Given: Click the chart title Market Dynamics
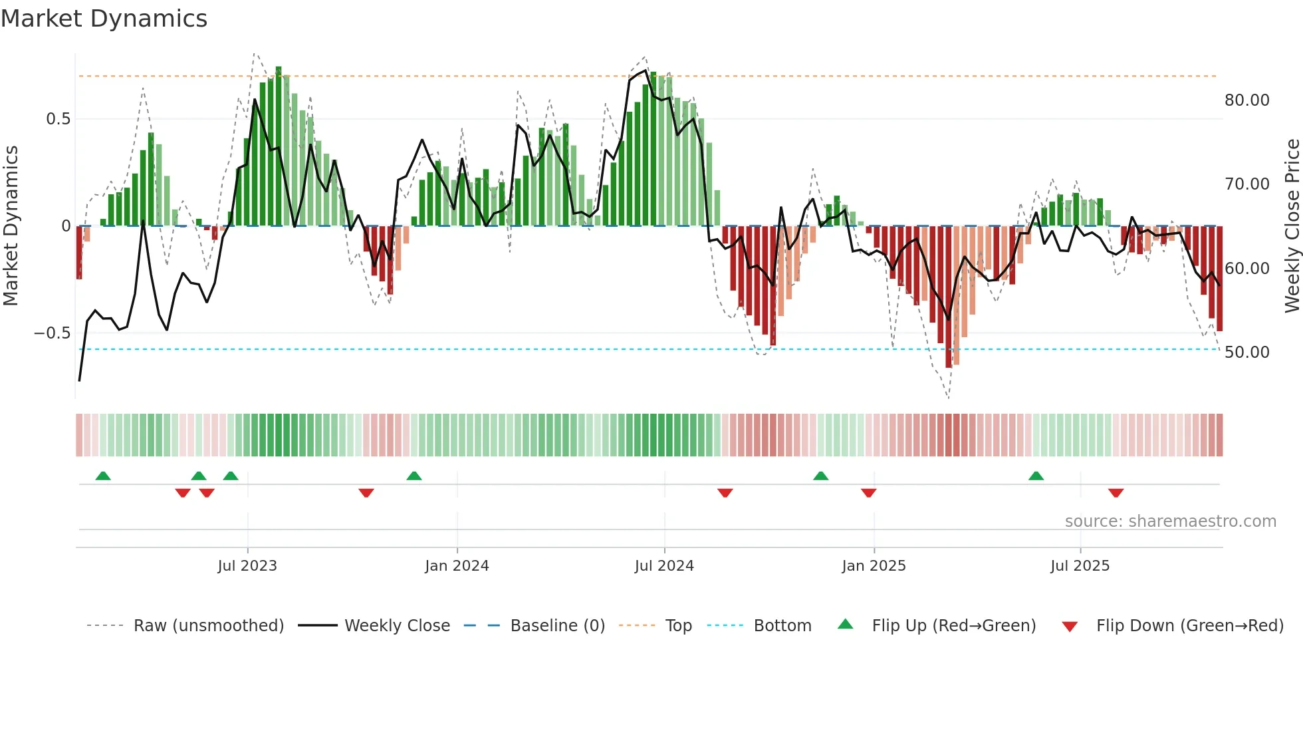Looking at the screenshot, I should tap(104, 19).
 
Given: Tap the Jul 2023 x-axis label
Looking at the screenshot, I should tap(247, 566).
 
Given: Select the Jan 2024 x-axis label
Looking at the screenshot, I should tap(457, 566).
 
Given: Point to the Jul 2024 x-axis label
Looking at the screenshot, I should tap(664, 566).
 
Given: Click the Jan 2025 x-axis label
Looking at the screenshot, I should tap(874, 566).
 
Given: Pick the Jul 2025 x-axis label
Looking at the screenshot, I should tap(1080, 566).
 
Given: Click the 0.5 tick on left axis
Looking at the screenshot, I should tap(58, 119).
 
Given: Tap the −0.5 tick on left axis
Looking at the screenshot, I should tap(53, 333).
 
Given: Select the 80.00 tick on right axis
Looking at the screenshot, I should tap(1246, 100).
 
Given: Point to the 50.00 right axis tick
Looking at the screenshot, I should tap(1246, 353).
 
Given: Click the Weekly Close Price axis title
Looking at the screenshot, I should tap(1292, 225).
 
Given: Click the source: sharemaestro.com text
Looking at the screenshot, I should tap(1170, 521).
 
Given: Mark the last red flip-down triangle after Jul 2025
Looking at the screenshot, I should tap(1116, 493).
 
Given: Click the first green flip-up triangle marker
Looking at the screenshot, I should tap(103, 476).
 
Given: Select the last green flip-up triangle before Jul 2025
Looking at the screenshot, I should tap(1036, 476).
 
